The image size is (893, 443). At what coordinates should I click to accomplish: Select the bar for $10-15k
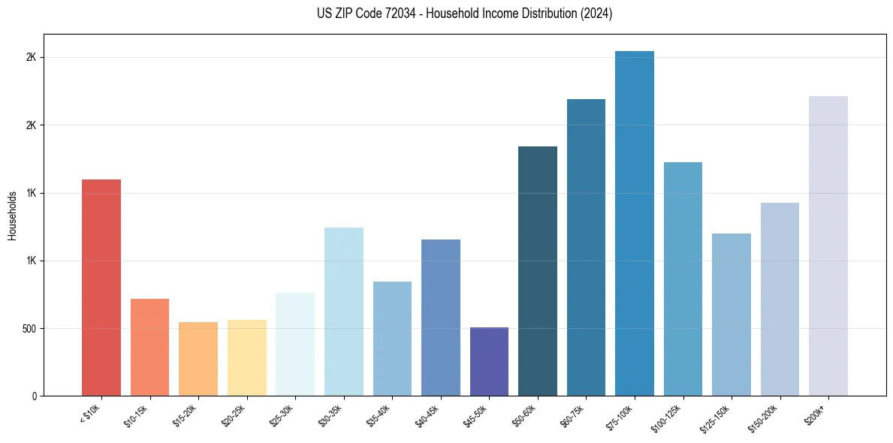click(149, 347)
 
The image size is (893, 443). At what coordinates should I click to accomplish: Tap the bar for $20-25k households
click(246, 357)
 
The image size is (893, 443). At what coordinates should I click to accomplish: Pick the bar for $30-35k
click(343, 312)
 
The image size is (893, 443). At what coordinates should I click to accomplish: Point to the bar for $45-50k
click(489, 361)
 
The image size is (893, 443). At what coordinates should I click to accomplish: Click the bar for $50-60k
click(538, 271)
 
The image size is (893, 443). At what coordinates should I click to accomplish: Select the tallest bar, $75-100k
click(635, 223)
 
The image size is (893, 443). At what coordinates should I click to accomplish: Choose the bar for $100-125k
click(683, 279)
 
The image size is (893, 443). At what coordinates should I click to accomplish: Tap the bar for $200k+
click(828, 246)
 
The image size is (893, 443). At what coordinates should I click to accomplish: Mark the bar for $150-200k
click(780, 299)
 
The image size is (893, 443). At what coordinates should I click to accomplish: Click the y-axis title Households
click(12, 215)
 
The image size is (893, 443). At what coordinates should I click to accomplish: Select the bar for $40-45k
click(441, 318)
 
